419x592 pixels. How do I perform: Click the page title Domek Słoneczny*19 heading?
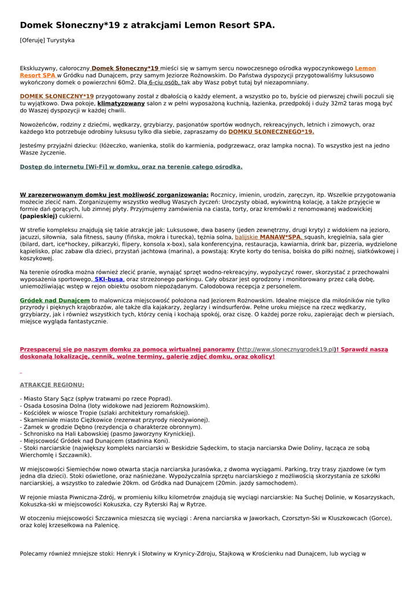pyautogui.click(x=147, y=25)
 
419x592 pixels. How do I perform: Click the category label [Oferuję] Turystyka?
pyautogui.click(x=47, y=40)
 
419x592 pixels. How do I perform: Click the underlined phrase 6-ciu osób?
pyautogui.click(x=164, y=83)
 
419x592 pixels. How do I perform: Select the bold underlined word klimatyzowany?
pyautogui.click(x=121, y=103)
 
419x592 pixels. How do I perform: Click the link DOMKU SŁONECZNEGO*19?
pyautogui.click(x=271, y=132)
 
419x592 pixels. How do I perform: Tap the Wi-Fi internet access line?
pyautogui.click(x=131, y=167)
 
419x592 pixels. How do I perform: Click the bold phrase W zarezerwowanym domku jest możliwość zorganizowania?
pyautogui.click(x=114, y=195)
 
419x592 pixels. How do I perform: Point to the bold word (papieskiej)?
pyautogui.click(x=39, y=216)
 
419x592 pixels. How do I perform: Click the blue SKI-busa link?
pyautogui.click(x=108, y=279)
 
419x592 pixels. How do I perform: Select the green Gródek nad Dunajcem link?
pyautogui.click(x=55, y=301)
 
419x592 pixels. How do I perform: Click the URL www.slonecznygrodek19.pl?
pyautogui.click(x=287, y=350)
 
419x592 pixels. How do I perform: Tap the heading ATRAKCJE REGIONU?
pyautogui.click(x=52, y=384)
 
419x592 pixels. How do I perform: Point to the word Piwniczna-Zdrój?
pyautogui.click(x=88, y=497)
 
